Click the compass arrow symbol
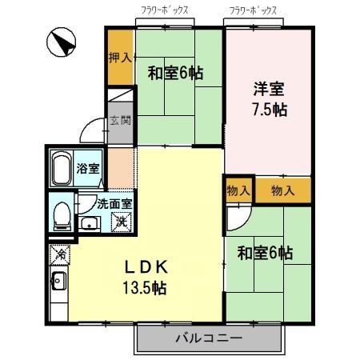pos(61,42)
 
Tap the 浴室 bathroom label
pos(88,169)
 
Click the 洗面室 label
pos(110,202)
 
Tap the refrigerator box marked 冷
pos(59,255)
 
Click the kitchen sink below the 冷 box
pos(58,282)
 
